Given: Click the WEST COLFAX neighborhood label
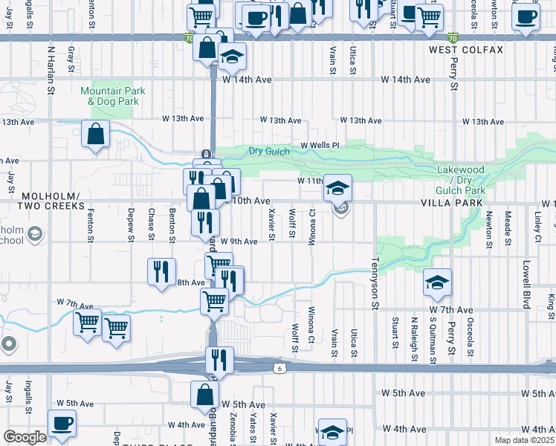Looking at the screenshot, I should (x=466, y=50).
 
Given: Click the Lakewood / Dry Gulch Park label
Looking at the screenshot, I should (x=461, y=180).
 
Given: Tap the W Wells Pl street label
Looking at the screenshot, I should (x=320, y=146).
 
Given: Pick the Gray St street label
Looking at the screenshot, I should (x=71, y=59).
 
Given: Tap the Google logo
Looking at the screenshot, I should (x=25, y=437).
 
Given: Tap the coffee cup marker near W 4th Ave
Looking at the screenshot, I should (x=62, y=423).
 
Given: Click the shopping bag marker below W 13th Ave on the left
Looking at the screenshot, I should (x=96, y=135).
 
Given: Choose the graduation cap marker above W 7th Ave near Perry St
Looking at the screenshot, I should (x=438, y=282).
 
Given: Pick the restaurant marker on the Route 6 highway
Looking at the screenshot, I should (x=219, y=361).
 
